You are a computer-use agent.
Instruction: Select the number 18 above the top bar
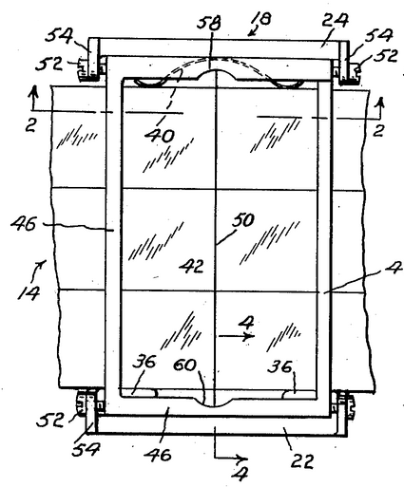(x=262, y=19)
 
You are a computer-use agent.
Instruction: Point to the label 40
(x=160, y=136)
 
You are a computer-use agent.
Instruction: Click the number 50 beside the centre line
(x=242, y=220)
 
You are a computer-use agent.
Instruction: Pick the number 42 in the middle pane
(x=191, y=267)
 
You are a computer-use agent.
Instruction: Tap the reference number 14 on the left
(x=29, y=293)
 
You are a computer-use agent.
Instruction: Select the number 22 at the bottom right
(x=302, y=460)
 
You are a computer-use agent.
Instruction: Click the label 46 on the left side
(x=24, y=224)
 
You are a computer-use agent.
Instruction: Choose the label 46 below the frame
(x=158, y=455)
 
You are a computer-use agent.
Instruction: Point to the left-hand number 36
(x=144, y=363)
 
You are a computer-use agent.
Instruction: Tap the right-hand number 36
(x=279, y=367)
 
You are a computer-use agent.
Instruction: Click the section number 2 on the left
(x=30, y=126)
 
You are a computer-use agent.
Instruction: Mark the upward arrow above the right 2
(x=380, y=107)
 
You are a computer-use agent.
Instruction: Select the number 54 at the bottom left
(x=86, y=449)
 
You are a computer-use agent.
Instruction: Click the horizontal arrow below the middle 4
(x=236, y=336)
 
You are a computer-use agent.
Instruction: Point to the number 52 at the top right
(x=385, y=56)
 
